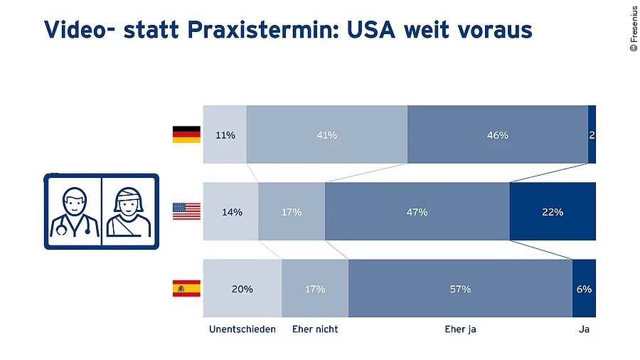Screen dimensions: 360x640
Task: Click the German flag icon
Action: coord(186,134)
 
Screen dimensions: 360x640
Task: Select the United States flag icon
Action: coord(186,211)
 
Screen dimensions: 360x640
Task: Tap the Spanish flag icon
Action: coord(186,289)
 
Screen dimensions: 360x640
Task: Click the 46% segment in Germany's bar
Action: coord(498,134)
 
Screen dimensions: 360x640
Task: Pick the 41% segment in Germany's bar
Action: coord(327,134)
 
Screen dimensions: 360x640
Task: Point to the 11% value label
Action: coord(225,135)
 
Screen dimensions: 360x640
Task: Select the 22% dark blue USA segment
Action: coord(553,211)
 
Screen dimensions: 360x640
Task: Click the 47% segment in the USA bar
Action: coord(417,211)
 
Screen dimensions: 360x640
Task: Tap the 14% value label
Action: coord(232,212)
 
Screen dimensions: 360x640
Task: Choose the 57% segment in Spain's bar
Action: coord(460,289)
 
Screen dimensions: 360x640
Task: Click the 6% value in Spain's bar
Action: coord(585,289)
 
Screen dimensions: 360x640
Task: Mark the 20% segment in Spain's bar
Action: coord(242,289)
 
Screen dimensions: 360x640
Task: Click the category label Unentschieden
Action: coord(242,329)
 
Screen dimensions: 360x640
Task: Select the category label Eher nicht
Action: coord(315,329)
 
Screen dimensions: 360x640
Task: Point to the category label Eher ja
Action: coord(460,329)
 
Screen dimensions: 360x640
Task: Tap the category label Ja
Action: coord(585,329)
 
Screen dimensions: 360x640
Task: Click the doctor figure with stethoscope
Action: coord(73,212)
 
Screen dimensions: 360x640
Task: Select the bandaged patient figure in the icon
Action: coord(129,212)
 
